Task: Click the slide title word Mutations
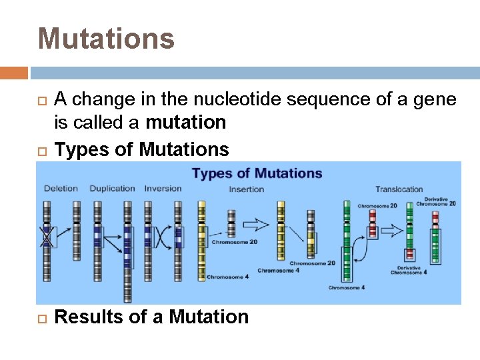(106, 38)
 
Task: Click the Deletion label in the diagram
(61, 189)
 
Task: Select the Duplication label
(112, 189)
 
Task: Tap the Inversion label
(163, 189)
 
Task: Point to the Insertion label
(247, 189)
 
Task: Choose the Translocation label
(399, 189)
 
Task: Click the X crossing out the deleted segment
(47, 236)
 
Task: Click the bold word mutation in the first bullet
(186, 123)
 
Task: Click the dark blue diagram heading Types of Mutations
(257, 174)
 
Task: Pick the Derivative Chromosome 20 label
(441, 202)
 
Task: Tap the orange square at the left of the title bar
(14, 73)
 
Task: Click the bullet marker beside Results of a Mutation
(42, 317)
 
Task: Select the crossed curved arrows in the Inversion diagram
(163, 237)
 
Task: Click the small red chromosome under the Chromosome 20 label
(373, 223)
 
